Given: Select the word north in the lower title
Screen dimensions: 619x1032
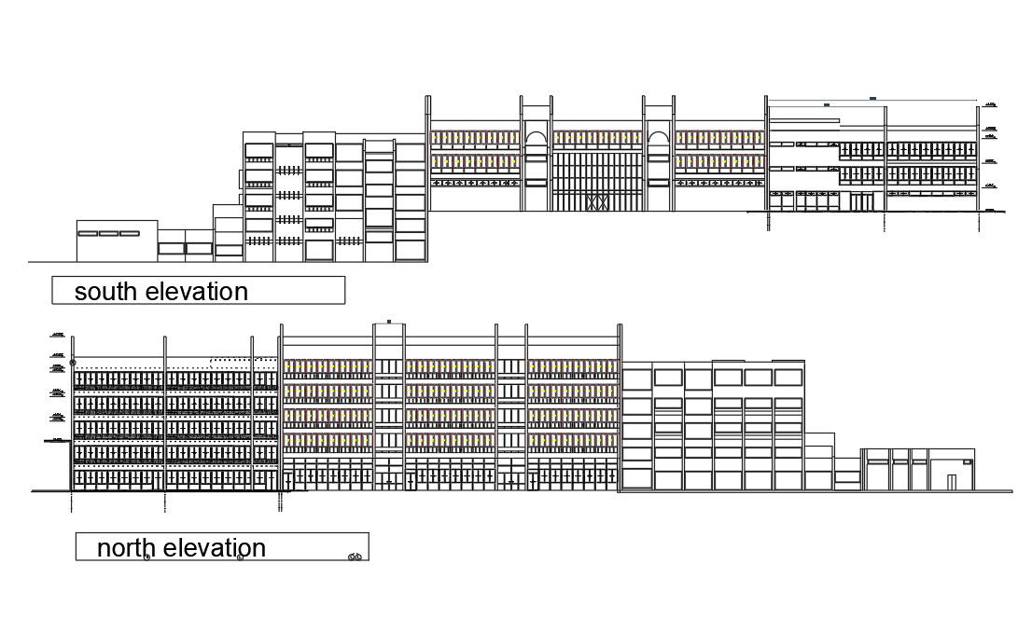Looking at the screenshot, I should [x=127, y=548].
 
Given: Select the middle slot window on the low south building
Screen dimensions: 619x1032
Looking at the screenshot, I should [x=107, y=233].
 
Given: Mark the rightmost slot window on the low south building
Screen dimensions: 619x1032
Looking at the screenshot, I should [x=129, y=233].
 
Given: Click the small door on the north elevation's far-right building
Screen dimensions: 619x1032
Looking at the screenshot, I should [x=951, y=482].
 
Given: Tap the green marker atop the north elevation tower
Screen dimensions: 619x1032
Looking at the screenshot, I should [x=388, y=322].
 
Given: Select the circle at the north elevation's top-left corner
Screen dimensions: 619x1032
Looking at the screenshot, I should [x=73, y=361].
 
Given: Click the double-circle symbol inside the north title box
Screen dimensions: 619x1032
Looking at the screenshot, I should [x=355, y=557].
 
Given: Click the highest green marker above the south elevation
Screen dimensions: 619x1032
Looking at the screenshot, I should [x=872, y=97].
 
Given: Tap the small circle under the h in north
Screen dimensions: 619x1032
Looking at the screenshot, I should [x=147, y=557].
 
